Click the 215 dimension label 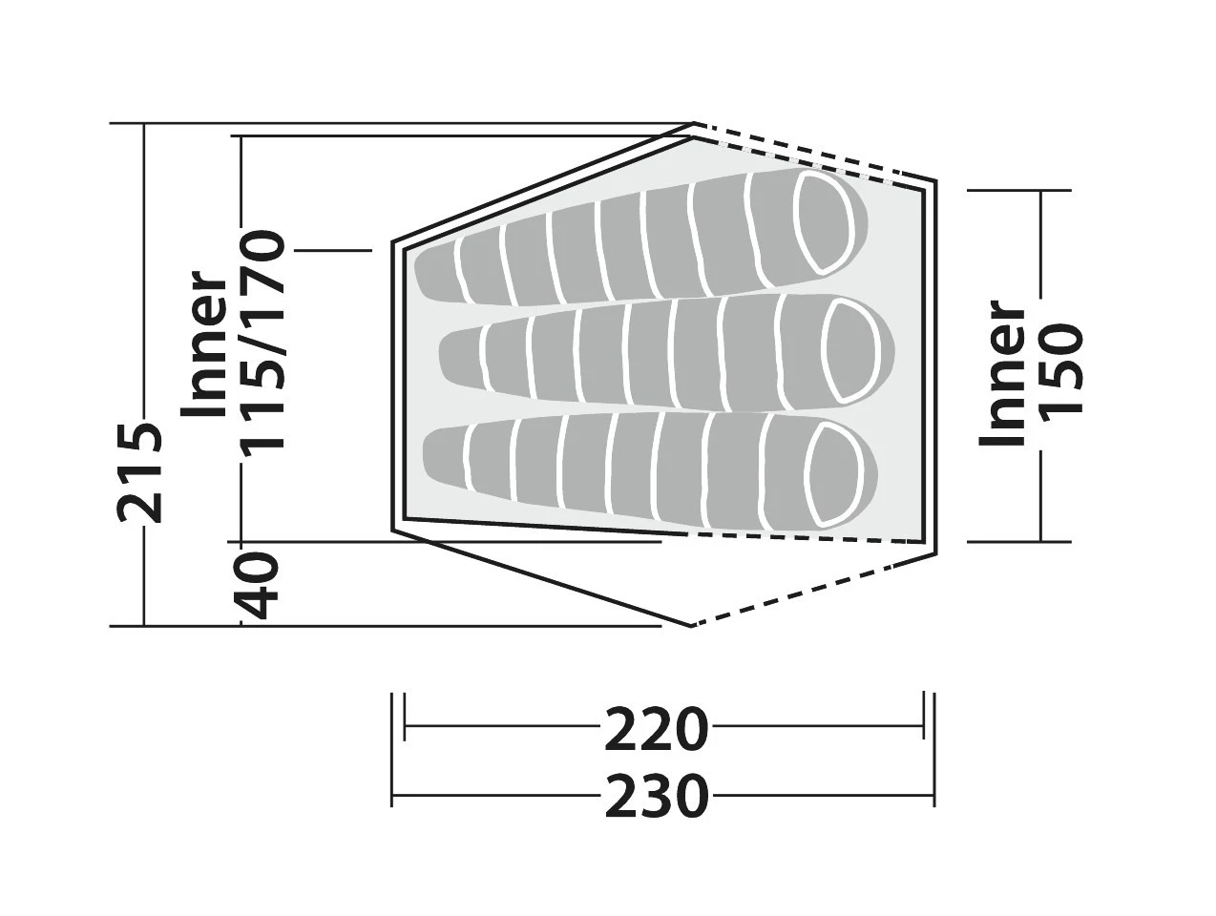[x=140, y=472]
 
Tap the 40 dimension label [x=256, y=585]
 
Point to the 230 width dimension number [x=656, y=797]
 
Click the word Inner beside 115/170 [x=203, y=343]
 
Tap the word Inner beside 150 [x=1001, y=372]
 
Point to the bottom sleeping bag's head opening [x=836, y=475]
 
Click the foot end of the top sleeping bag [x=435, y=273]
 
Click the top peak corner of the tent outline [x=693, y=123]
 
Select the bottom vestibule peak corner [x=691, y=626]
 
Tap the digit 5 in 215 [x=140, y=438]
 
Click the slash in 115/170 [x=262, y=343]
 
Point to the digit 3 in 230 [x=656, y=797]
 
